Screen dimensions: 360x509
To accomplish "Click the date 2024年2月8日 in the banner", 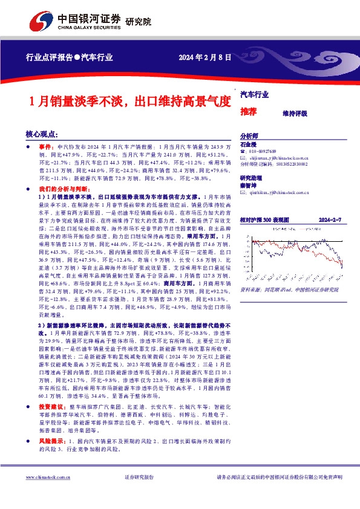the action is [205, 58].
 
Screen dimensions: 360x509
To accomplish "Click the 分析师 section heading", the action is [249, 137].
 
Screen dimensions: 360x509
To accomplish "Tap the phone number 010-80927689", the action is [266, 151].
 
